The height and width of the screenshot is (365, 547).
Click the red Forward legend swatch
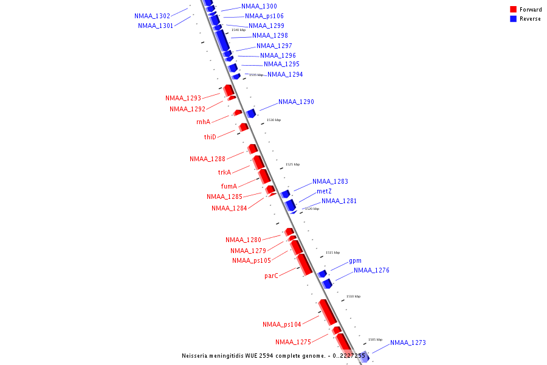pyautogui.click(x=514, y=10)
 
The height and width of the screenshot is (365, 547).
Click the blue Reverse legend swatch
pyautogui.click(x=514, y=19)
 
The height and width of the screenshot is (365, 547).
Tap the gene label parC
pyautogui.click(x=271, y=276)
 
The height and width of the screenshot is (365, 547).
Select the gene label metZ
pyautogui.click(x=324, y=191)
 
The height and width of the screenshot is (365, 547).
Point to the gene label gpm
pyautogui.click(x=355, y=261)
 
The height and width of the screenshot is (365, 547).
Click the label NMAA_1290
pyautogui.click(x=296, y=102)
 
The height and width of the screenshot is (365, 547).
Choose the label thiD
pyautogui.click(x=210, y=137)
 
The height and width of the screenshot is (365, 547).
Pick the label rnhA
pyautogui.click(x=203, y=122)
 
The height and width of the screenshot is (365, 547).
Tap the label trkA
pyautogui.click(x=224, y=172)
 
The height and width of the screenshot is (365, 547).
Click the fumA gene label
pyautogui.click(x=229, y=186)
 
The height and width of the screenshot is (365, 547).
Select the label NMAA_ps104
pyautogui.click(x=281, y=325)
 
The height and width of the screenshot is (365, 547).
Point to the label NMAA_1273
pyautogui.click(x=408, y=343)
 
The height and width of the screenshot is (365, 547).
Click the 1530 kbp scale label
pyautogui.click(x=273, y=120)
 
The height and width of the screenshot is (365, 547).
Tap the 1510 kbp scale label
pyautogui.click(x=353, y=296)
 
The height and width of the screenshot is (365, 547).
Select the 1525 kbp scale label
pyautogui.click(x=292, y=164)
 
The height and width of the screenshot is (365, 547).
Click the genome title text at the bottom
pyautogui.click(x=273, y=356)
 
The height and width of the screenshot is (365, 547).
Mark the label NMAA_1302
pyautogui.click(x=152, y=16)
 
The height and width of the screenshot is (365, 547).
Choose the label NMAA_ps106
pyautogui.click(x=264, y=16)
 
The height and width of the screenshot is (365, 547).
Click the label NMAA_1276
pyautogui.click(x=371, y=270)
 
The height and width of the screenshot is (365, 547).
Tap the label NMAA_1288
pyautogui.click(x=207, y=159)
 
